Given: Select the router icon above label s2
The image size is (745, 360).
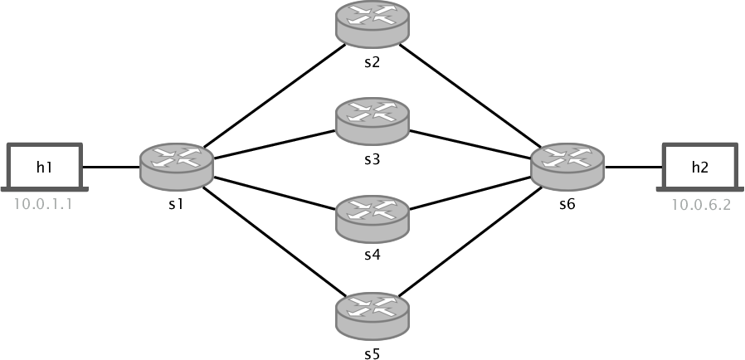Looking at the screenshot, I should (x=372, y=22).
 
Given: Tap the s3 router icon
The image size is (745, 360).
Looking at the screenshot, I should (x=372, y=120).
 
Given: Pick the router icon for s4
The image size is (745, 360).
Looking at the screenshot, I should (x=372, y=217).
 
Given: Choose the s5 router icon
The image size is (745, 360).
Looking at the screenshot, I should (x=372, y=315).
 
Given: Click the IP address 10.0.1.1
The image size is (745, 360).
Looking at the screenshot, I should (x=44, y=205).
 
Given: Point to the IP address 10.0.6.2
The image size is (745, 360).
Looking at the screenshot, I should (x=701, y=205).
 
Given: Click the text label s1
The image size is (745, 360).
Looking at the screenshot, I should (x=175, y=204).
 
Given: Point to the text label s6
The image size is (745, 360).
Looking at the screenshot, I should (x=567, y=204).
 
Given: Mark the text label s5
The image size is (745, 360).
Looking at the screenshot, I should (x=372, y=354).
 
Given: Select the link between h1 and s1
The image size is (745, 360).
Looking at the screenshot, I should (x=111, y=167).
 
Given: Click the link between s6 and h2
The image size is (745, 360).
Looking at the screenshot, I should (x=634, y=167).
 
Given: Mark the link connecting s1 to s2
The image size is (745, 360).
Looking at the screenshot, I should (x=274, y=95).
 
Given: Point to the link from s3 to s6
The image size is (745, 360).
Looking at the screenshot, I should (x=471, y=143).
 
